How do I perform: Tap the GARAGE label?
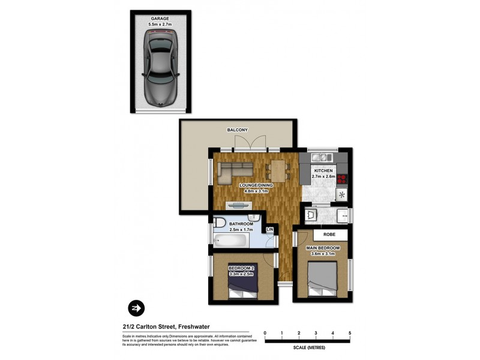(x=160, y=19)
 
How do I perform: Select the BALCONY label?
(x=237, y=130)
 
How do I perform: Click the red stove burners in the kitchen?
(x=343, y=178)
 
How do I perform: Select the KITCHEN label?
(x=323, y=170)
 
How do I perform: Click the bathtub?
(x=230, y=242)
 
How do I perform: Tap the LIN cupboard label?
(x=270, y=230)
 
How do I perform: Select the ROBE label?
(x=329, y=235)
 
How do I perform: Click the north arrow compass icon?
(x=136, y=308)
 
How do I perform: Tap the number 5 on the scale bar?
(x=349, y=332)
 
